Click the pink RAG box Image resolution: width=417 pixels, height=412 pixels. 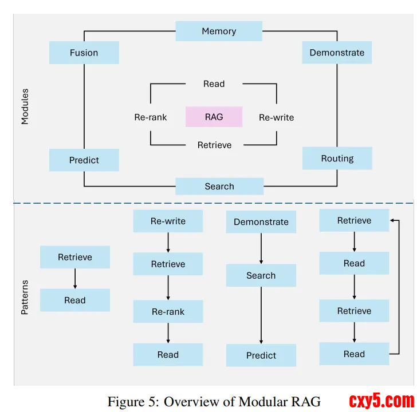click(x=214, y=117)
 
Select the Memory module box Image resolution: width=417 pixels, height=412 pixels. click(x=219, y=31)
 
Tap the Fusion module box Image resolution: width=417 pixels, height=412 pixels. click(x=84, y=53)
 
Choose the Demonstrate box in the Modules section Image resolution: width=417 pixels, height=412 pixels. click(x=337, y=53)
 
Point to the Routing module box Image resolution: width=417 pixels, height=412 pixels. click(x=337, y=159)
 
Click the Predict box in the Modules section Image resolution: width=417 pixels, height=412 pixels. click(x=84, y=160)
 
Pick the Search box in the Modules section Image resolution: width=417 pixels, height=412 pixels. click(x=219, y=186)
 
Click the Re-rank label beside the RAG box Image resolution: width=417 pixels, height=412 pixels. click(x=151, y=117)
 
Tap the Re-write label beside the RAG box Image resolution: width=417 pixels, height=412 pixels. click(x=276, y=117)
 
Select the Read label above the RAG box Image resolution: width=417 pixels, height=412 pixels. click(x=214, y=84)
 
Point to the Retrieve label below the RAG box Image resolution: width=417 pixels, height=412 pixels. click(x=214, y=145)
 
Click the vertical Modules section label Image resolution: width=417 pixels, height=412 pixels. click(x=25, y=106)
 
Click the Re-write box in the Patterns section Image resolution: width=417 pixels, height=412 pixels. click(x=168, y=221)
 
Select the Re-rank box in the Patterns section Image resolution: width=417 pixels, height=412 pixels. click(x=168, y=312)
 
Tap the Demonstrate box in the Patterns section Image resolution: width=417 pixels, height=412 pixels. click(x=261, y=222)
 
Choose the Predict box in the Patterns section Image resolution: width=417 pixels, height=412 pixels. click(x=261, y=355)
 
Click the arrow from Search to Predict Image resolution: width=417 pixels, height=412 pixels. click(x=261, y=315)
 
